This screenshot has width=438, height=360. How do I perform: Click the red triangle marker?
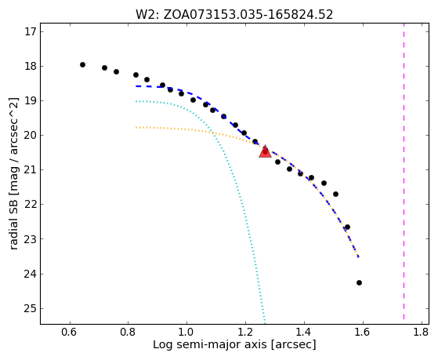pyautogui.click(x=265, y=151)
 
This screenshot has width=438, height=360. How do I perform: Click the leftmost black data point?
pyautogui.click(x=82, y=64)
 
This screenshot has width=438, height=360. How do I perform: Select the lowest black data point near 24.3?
pyautogui.click(x=359, y=283)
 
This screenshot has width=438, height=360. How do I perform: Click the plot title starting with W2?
pyautogui.click(x=234, y=15)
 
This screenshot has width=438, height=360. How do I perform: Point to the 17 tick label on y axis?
pyautogui.click(x=31, y=31)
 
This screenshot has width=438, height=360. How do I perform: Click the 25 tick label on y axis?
pyautogui.click(x=31, y=308)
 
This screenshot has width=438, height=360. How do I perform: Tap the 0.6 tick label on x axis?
pyautogui.click(x=69, y=333)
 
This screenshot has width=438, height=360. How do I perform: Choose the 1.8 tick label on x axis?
pyautogui.click(x=421, y=333)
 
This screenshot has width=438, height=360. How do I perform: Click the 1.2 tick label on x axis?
pyautogui.click(x=245, y=333)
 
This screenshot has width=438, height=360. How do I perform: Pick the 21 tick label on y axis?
pyautogui.click(x=31, y=169)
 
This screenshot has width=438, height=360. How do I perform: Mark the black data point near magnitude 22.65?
pyautogui.click(x=347, y=227)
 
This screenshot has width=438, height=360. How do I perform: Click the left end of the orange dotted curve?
pyautogui.click(x=136, y=128)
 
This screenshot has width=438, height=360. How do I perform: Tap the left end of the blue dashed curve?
pyautogui.click(x=136, y=86)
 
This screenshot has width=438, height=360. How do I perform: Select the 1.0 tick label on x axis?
pyautogui.click(x=186, y=333)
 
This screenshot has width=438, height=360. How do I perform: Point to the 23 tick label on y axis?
pyautogui.click(x=31, y=239)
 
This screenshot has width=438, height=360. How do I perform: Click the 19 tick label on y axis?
pyautogui.click(x=31, y=100)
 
